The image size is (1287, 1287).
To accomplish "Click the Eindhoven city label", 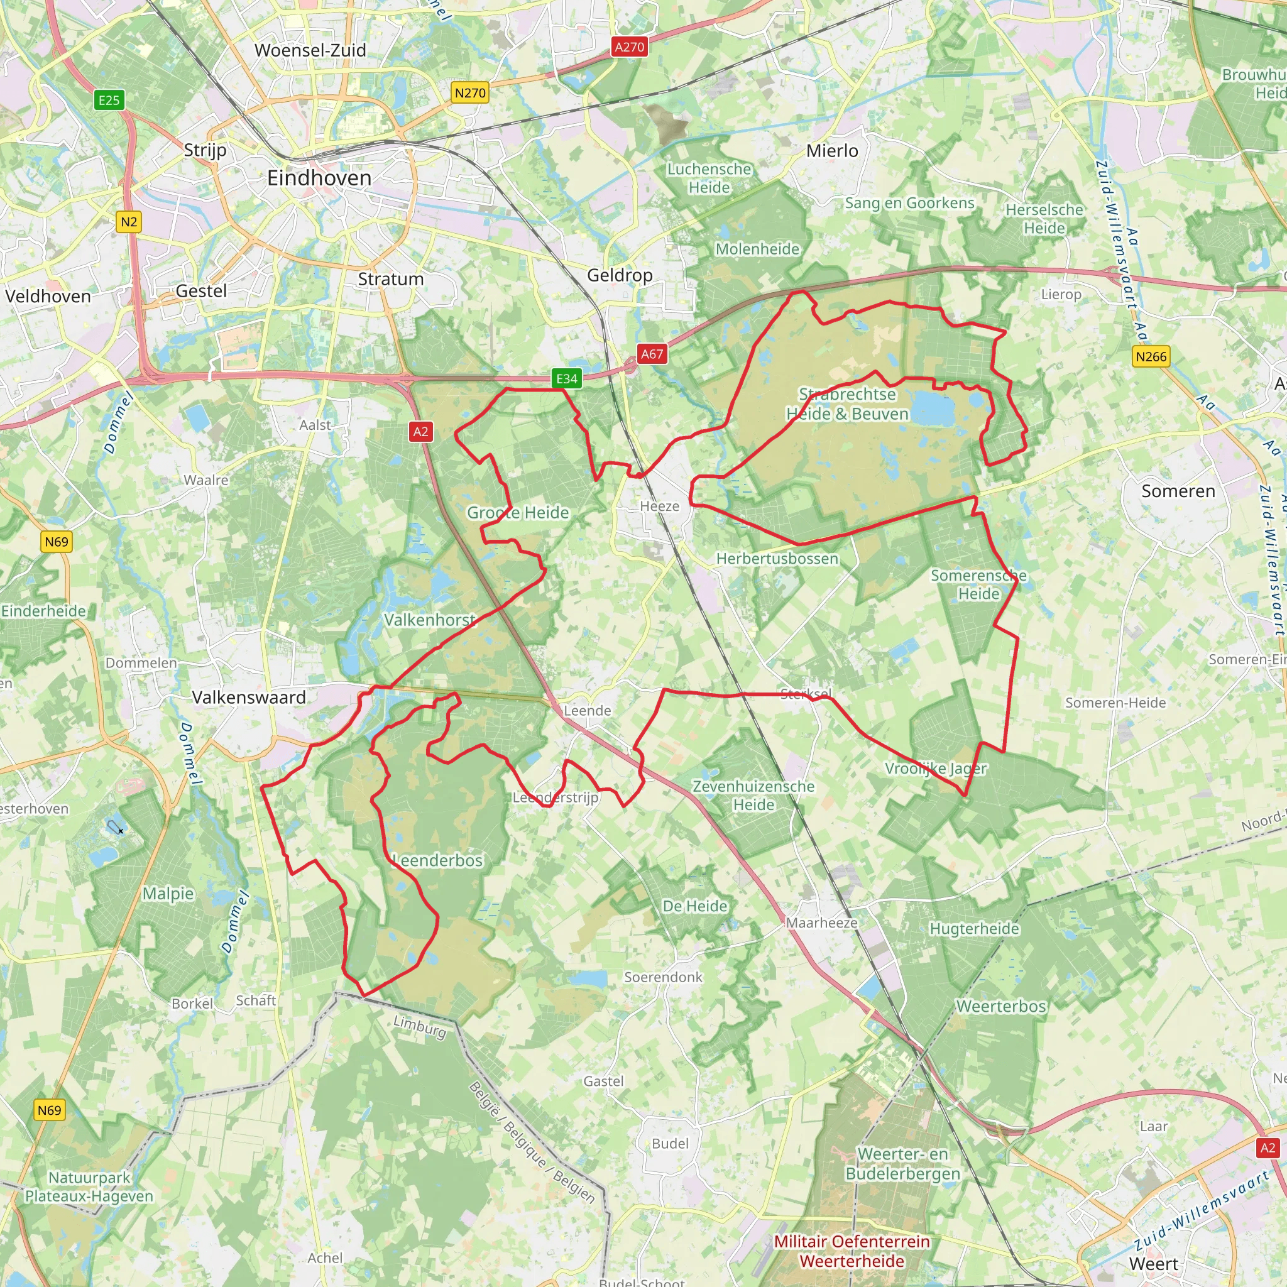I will tap(319, 178).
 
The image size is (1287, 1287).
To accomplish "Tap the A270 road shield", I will tap(630, 47).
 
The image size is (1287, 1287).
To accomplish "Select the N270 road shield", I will tap(470, 92).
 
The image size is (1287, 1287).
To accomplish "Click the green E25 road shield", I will tap(109, 101).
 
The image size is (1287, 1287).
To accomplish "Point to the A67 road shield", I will tap(652, 354).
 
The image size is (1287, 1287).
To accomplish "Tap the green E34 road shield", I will tap(567, 378).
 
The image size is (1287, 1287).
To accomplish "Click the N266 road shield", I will tap(1151, 356).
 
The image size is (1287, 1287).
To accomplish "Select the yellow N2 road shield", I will tap(129, 222).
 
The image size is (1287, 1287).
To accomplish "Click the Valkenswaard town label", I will tap(248, 698).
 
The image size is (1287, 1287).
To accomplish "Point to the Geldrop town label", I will tap(620, 275).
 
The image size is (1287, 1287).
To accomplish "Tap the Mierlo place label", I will tap(832, 151).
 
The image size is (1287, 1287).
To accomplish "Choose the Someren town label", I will tap(1178, 491).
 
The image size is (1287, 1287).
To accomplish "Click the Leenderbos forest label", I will tap(437, 861).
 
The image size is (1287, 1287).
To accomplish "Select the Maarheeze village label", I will tap(821, 923).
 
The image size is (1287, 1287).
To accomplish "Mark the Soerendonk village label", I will tap(663, 977).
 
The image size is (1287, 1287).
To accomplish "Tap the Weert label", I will tap(1154, 1264).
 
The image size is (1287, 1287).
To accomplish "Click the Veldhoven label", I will tap(48, 297).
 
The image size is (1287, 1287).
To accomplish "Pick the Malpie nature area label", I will tap(168, 894).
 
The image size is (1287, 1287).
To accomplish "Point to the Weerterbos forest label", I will tap(1001, 1006).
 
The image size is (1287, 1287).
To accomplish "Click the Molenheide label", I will tap(757, 249).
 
